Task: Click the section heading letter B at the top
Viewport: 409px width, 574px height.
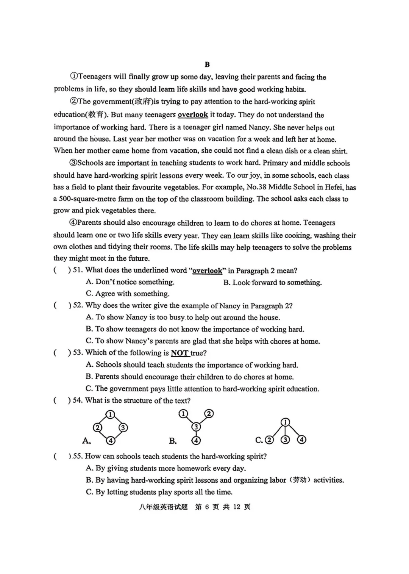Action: [x=207, y=64]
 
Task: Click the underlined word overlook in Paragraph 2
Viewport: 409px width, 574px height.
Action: [x=193, y=114]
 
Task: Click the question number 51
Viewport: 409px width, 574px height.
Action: [x=77, y=270]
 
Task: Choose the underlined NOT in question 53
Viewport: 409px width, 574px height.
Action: [x=180, y=353]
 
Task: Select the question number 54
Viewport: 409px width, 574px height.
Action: [x=77, y=400]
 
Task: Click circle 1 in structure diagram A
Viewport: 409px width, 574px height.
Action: [x=110, y=414]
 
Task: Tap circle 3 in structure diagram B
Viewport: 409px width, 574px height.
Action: [x=196, y=427]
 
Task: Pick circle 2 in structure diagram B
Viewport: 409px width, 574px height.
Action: [x=209, y=413]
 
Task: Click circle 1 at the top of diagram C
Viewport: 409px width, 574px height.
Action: [x=285, y=422]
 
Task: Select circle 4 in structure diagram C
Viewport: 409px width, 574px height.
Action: [x=301, y=439]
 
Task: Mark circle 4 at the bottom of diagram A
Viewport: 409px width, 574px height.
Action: [x=110, y=440]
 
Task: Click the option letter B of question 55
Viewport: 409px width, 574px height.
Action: [x=89, y=480]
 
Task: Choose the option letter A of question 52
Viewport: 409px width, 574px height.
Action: [x=89, y=317]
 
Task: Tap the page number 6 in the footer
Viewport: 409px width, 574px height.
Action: [x=207, y=507]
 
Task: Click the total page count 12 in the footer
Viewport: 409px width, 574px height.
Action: [x=237, y=507]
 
